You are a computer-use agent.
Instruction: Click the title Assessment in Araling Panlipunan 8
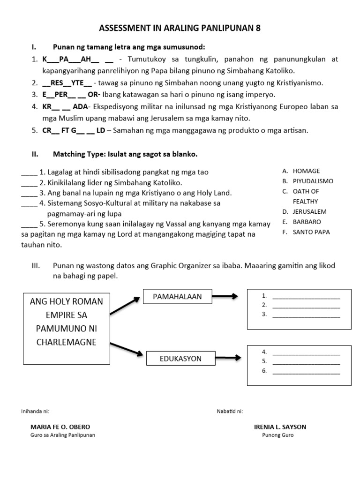[x=180, y=29]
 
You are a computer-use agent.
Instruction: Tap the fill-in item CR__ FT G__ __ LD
[x=74, y=131]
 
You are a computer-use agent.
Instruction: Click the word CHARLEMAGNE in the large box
[x=66, y=342]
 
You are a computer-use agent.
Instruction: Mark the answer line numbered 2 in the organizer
[x=306, y=306]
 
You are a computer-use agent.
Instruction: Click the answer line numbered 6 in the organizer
[x=306, y=372]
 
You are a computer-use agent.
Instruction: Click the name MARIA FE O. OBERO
[x=60, y=427]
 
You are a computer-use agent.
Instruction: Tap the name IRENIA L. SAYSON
[x=280, y=427]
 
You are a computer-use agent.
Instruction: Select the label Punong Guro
[x=277, y=435]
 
